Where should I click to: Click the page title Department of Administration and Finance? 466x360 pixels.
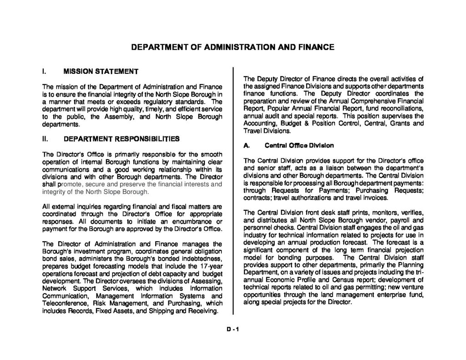click(233, 47)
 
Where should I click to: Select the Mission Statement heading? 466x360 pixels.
click(101, 71)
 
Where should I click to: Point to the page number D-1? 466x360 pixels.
click(233, 331)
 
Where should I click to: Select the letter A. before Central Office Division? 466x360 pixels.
click(247, 146)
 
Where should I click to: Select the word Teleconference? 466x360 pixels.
click(64, 303)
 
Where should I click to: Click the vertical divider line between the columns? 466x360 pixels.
click(233, 191)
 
